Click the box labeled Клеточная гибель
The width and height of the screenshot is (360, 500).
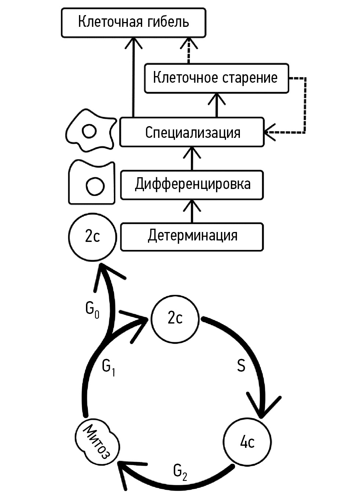(133, 23)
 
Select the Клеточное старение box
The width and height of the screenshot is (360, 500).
(216, 78)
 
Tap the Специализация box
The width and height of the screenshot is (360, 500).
(192, 132)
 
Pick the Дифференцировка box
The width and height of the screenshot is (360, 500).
(192, 185)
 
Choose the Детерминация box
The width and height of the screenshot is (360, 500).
(192, 236)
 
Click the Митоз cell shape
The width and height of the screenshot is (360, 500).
(97, 441)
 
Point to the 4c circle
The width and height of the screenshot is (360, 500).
(247, 442)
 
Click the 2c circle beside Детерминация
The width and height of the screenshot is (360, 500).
(92, 236)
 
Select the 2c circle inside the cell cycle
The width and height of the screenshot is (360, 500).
(175, 318)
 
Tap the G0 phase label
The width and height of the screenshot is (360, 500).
(92, 310)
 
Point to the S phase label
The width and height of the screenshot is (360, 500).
(241, 366)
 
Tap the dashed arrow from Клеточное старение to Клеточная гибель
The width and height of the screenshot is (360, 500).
(189, 51)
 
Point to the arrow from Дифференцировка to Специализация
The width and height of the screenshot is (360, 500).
(192, 158)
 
